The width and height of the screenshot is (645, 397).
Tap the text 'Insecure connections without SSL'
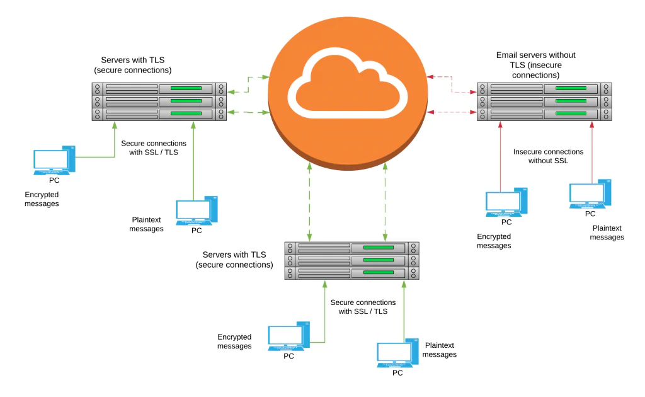[548, 156]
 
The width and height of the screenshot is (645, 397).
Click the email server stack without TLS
[544, 101]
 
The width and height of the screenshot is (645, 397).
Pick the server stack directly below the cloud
[351, 260]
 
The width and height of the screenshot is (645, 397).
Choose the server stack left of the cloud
[159, 101]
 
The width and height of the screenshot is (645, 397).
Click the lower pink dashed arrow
[452, 112]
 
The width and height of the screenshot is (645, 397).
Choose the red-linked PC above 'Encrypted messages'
[506, 202]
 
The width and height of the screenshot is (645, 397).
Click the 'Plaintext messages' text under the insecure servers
[607, 233]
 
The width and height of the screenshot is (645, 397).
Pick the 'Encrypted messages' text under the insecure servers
[494, 241]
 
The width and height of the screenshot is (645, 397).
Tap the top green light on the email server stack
[571, 88]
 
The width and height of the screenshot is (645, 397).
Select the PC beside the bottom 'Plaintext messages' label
[397, 354]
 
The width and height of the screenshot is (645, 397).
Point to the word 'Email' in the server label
[506, 55]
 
